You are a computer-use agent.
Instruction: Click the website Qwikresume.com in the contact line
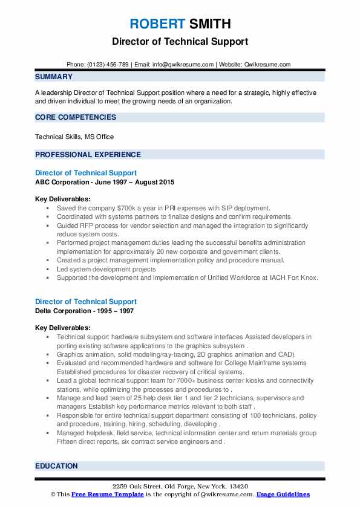point(266,64)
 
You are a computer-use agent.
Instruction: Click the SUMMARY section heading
point(54,77)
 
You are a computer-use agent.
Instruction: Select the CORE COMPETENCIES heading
point(76,117)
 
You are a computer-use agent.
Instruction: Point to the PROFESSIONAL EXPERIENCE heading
point(88,154)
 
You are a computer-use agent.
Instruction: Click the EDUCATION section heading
point(56,466)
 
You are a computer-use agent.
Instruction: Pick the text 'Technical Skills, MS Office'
point(74,137)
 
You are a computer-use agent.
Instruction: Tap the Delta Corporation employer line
point(84,311)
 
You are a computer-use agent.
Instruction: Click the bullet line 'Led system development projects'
point(106,269)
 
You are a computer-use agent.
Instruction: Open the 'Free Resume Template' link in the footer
point(106,494)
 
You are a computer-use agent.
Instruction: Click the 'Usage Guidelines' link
point(283,494)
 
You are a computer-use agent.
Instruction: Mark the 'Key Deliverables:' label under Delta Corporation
point(63,328)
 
